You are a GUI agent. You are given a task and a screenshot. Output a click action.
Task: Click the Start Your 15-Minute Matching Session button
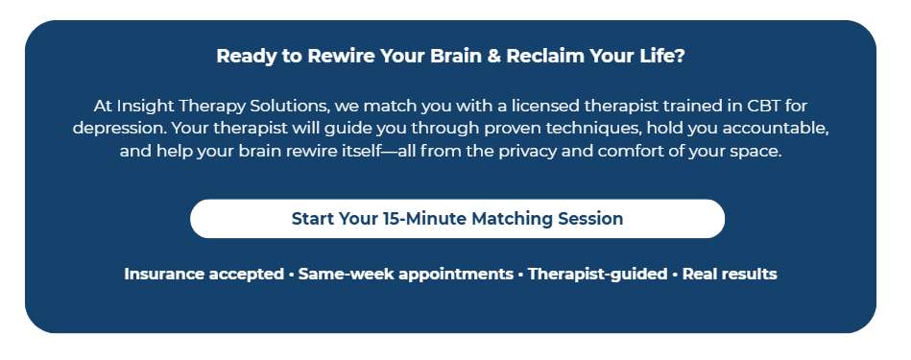457,219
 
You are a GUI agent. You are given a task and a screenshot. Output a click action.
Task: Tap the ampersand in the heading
493,57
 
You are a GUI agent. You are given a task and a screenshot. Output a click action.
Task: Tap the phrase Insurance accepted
204,274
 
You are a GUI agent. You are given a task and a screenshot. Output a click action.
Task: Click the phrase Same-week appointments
405,274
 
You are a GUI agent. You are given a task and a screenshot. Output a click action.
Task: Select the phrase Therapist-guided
597,274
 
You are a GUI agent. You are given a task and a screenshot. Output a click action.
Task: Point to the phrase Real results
730,274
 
